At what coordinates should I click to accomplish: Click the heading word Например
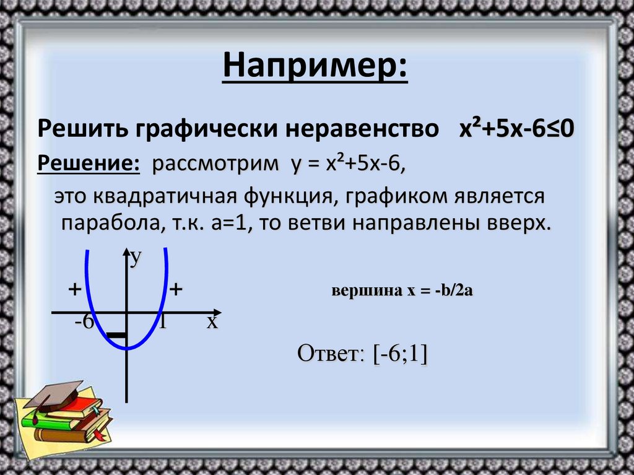(x=316, y=66)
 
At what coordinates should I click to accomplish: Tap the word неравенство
(x=358, y=130)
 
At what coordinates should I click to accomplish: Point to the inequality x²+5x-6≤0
(x=517, y=129)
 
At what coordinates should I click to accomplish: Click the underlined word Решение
(x=88, y=165)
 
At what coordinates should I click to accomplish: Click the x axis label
(x=212, y=322)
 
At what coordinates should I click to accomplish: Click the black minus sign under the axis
(x=116, y=336)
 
